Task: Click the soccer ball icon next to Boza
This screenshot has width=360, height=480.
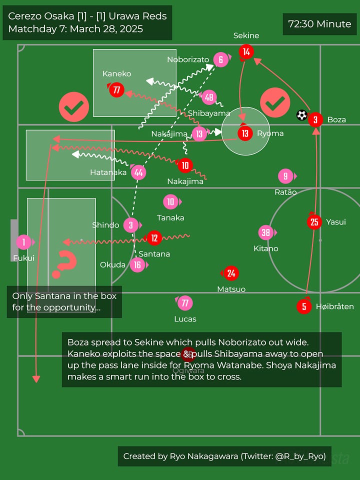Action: tap(301, 115)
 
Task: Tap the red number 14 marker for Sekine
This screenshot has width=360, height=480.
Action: tap(245, 51)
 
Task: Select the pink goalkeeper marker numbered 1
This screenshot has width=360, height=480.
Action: tap(23, 242)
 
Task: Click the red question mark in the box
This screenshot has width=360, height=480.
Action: tap(65, 264)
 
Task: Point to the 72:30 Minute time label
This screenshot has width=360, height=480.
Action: tap(319, 24)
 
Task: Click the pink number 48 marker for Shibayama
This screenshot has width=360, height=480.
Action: tap(208, 97)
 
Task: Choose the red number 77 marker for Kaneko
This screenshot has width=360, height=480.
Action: tap(116, 90)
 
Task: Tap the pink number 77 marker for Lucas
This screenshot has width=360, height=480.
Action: tap(184, 303)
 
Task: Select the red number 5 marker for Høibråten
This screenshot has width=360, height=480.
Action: tap(304, 306)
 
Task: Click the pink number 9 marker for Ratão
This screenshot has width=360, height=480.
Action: tap(285, 176)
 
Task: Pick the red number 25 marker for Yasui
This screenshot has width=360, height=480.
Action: tap(314, 221)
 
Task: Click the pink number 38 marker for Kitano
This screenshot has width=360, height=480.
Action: tap(265, 232)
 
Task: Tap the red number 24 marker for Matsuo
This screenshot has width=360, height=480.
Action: tap(231, 273)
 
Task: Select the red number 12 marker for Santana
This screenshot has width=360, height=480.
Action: tap(154, 238)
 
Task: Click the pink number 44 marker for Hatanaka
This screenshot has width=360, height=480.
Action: tap(138, 172)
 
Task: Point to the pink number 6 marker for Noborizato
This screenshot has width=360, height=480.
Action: tap(220, 60)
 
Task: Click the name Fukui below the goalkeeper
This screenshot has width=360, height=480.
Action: tap(23, 258)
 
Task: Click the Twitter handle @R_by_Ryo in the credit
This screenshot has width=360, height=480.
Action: tap(300, 456)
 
